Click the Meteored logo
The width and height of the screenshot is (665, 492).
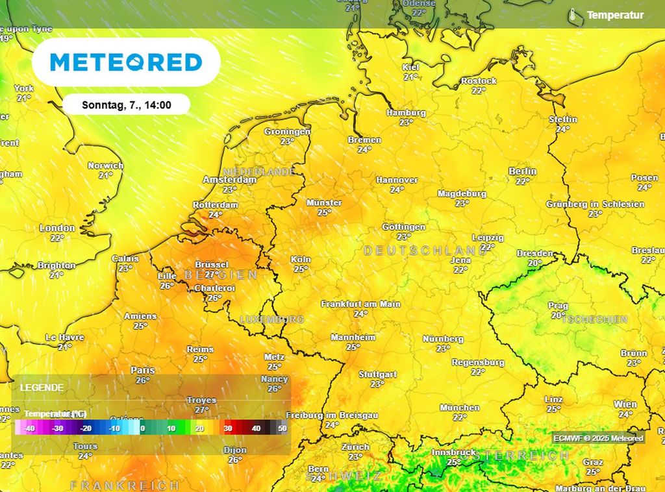[126, 62]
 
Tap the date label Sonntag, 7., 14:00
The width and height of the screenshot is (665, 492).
[127, 105]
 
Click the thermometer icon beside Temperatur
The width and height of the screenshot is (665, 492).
[573, 15]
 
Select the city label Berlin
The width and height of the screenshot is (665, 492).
[523, 171]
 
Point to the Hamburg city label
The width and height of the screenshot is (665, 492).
[406, 113]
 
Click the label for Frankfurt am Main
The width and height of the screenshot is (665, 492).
[361, 304]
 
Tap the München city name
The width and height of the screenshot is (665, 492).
[459, 408]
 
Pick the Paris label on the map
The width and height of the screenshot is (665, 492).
[143, 370]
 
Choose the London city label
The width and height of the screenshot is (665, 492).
[57, 228]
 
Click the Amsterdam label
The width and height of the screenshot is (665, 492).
[229, 180]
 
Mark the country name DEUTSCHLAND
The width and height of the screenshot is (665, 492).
[425, 251]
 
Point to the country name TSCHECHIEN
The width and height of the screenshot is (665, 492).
[594, 319]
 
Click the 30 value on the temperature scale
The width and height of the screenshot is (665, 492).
[228, 428]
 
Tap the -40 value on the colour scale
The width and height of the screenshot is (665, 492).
[29, 428]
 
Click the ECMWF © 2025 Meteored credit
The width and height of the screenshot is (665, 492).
[598, 438]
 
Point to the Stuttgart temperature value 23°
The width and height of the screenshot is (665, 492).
[377, 384]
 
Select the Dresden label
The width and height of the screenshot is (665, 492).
[534, 253]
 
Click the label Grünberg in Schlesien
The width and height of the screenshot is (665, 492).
[595, 204]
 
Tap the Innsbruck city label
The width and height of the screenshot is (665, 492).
[454, 452]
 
